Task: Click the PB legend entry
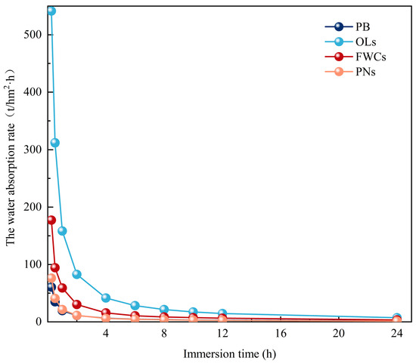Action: pos(348,26)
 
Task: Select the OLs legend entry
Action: pos(350,42)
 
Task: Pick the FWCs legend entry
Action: pos(355,57)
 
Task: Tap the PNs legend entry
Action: pos(350,72)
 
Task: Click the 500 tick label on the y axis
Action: pos(33,35)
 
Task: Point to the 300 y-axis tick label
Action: pos(33,150)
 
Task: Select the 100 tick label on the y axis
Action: pos(33,264)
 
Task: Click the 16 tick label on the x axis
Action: pos(281,333)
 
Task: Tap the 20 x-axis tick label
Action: pos(339,333)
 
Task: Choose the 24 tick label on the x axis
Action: pos(397,333)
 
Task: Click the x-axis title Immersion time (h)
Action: pos(230,354)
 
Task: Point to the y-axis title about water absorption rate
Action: pos(11,157)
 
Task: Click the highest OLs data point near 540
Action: pos(51,11)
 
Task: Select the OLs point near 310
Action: pos(54,143)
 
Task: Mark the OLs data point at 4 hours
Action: pos(106,298)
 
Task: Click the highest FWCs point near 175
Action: pos(51,221)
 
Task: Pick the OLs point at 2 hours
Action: pos(76,274)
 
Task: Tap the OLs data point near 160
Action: pos(62,231)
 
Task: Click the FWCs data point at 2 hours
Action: pos(76,304)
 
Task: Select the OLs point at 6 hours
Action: pos(135,305)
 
